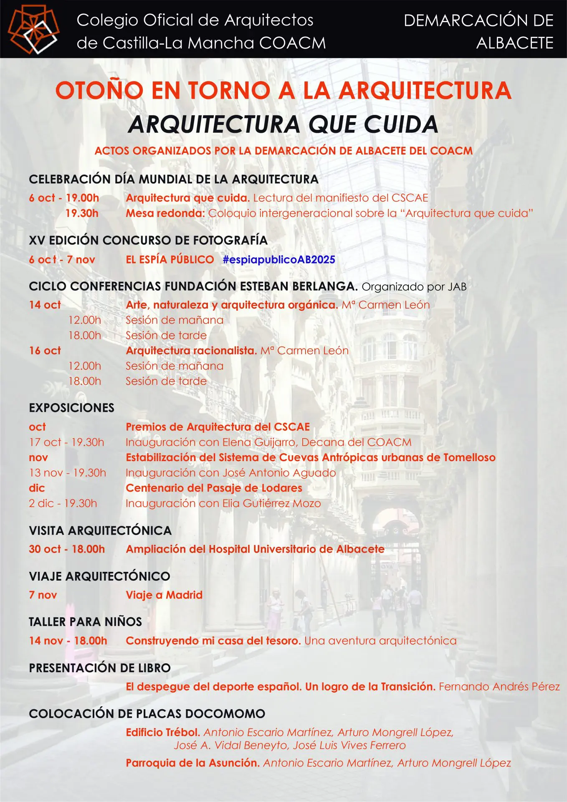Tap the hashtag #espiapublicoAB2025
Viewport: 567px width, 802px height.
point(279,260)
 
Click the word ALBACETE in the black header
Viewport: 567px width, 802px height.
point(514,43)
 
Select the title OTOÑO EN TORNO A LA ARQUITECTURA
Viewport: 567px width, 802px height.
point(283,91)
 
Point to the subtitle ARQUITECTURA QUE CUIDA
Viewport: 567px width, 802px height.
point(283,124)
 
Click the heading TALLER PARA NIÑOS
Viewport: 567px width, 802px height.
point(85,622)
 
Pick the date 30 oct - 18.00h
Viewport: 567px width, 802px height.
point(67,549)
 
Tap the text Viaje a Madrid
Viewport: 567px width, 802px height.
point(164,595)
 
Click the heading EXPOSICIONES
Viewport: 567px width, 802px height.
point(71,408)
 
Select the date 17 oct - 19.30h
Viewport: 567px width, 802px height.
point(66,442)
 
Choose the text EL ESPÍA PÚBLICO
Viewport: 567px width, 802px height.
point(170,260)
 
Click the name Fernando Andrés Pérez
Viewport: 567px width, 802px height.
point(499,687)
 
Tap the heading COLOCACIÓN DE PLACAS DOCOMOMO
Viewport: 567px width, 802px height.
point(147,714)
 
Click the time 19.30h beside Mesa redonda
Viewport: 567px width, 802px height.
point(82,213)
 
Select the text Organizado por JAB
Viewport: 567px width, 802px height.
point(414,287)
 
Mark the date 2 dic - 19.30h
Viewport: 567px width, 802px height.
point(63,504)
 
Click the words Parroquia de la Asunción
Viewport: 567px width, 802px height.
point(192,763)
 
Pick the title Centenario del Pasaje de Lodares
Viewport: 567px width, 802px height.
point(214,488)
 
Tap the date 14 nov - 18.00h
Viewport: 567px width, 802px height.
point(68,641)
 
